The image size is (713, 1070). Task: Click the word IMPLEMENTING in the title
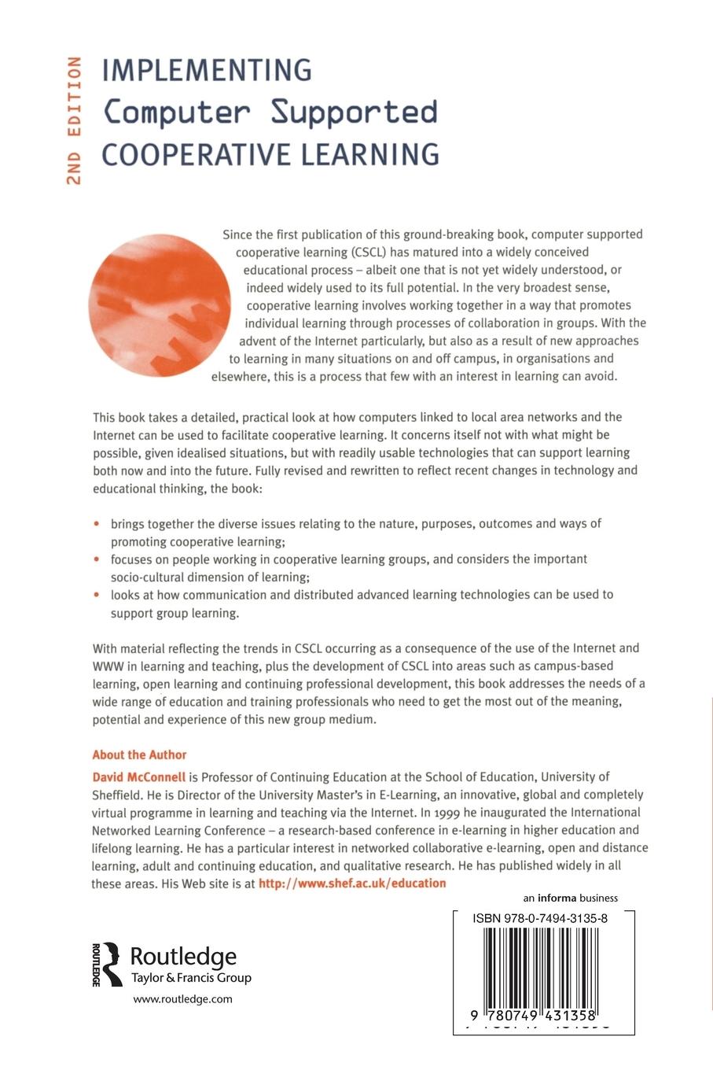click(208, 71)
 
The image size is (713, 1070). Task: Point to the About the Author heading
click(139, 755)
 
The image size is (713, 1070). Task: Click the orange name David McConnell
click(139, 777)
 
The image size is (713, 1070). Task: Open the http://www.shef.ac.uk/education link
click(352, 883)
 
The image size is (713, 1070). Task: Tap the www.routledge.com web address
click(182, 999)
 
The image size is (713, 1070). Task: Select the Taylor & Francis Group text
click(189, 978)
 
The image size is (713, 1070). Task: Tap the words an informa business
click(570, 898)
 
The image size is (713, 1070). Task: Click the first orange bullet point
click(97, 523)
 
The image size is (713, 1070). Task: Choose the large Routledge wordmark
click(182, 957)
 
